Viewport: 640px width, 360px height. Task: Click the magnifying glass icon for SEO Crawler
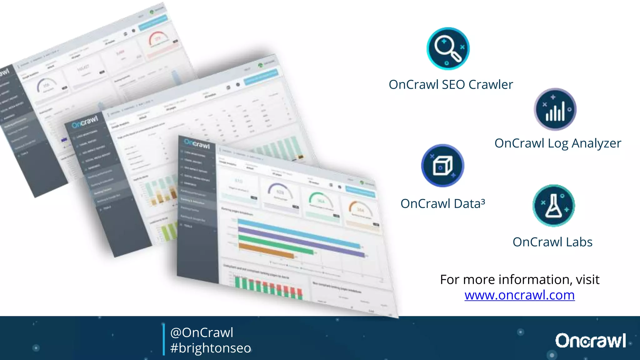(448, 48)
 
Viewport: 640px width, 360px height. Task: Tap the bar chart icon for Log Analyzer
(555, 109)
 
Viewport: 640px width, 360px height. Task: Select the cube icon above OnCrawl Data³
(442, 165)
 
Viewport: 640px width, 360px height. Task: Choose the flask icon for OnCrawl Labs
(553, 205)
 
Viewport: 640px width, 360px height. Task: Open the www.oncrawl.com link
(519, 295)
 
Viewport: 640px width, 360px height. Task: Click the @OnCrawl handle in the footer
(202, 332)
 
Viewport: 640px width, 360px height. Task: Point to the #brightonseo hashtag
(210, 348)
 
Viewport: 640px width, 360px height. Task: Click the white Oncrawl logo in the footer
(590, 340)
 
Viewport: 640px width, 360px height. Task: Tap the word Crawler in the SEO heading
(491, 85)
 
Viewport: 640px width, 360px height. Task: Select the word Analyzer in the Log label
(596, 143)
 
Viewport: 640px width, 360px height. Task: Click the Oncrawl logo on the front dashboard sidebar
(197, 144)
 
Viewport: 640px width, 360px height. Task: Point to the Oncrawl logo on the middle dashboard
(85, 122)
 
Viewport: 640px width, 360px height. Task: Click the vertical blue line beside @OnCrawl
(163, 339)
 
